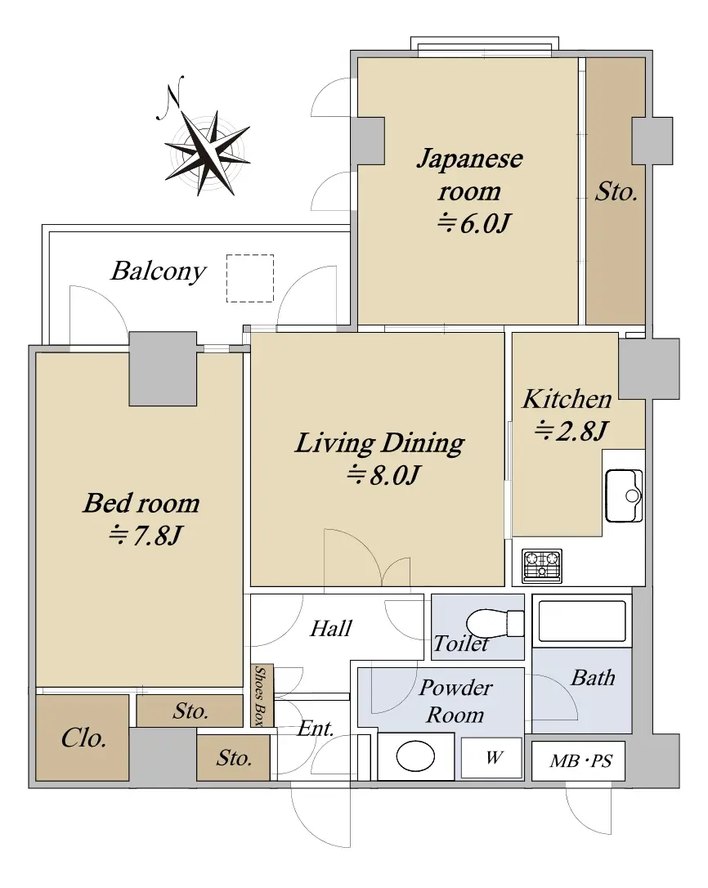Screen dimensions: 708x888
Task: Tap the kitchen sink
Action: [624, 496]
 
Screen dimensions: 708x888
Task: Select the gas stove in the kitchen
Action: [542, 566]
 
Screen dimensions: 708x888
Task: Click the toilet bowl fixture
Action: [496, 623]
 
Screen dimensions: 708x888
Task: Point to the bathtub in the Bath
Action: [582, 621]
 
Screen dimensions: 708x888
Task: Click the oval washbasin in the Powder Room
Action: [415, 756]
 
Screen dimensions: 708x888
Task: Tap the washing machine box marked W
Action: [491, 758]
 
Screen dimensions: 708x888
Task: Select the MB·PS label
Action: [580, 761]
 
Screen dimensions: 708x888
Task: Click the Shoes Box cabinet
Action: [262, 696]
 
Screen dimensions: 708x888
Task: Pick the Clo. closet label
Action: [83, 738]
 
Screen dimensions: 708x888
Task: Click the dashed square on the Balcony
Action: [250, 278]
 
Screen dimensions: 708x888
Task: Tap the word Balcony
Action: [158, 271]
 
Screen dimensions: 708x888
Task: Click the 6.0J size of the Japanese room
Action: [473, 222]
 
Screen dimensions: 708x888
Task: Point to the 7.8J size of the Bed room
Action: [145, 536]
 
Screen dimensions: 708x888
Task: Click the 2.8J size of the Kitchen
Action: [571, 431]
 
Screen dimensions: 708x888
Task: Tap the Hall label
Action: [331, 628]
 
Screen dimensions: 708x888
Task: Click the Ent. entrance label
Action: [316, 729]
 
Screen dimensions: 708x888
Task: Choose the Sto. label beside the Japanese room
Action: [616, 191]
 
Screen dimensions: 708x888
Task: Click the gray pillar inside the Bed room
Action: [164, 369]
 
